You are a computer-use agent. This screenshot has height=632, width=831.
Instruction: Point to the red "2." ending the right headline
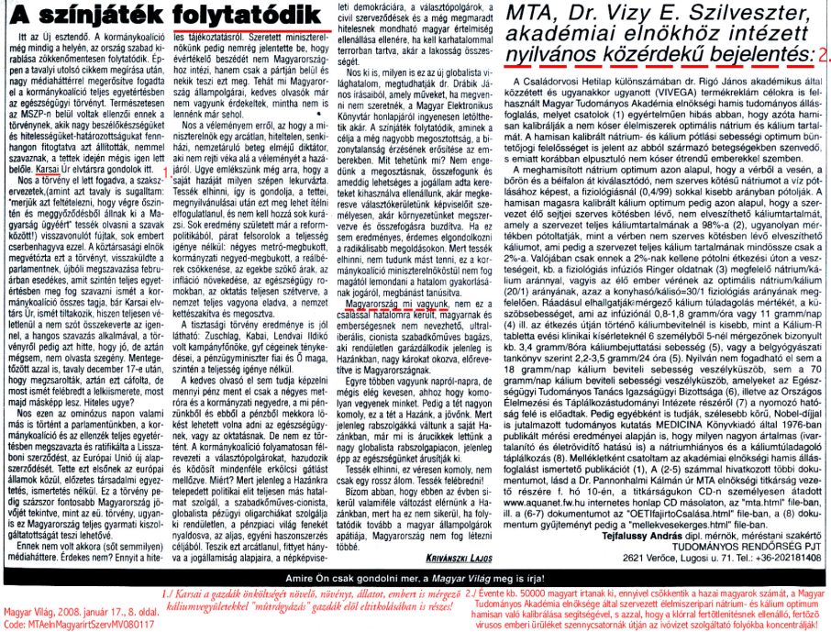(822, 58)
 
